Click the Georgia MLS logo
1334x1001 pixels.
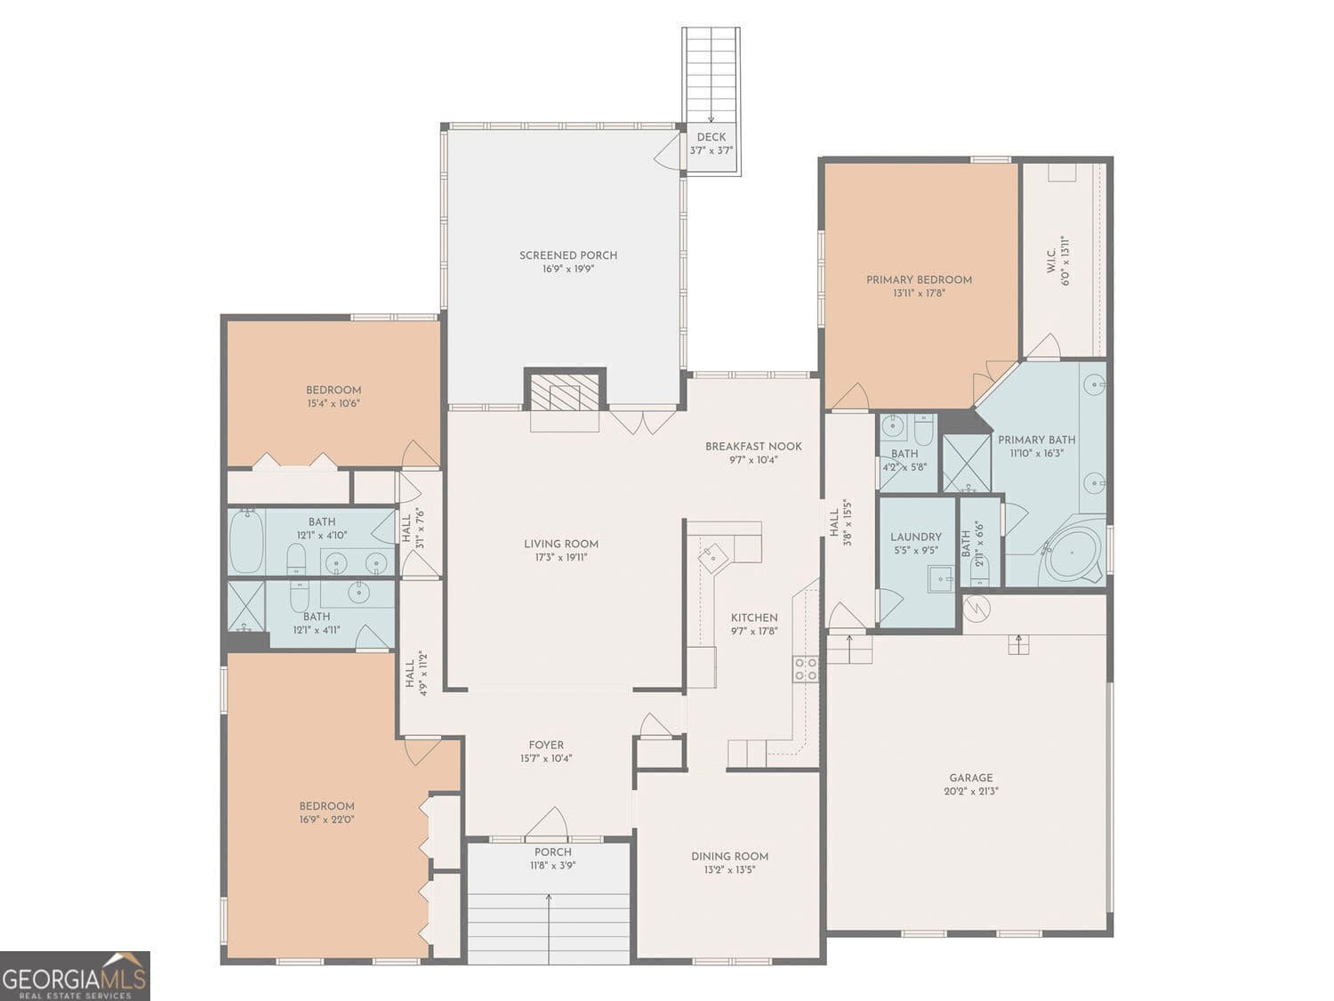tap(75, 976)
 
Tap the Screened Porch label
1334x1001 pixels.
tap(568, 255)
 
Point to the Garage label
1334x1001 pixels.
tap(970, 777)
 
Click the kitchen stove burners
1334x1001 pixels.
tap(806, 669)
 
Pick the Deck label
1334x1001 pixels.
tap(711, 137)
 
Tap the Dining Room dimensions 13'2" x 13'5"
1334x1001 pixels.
tap(729, 870)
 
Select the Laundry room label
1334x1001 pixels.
tap(915, 537)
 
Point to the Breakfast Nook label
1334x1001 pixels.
tap(753, 447)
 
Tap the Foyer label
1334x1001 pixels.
tap(546, 745)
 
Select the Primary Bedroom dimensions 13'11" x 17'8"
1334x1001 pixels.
tap(919, 293)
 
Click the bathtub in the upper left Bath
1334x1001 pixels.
tap(246, 540)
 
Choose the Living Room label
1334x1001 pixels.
tap(560, 544)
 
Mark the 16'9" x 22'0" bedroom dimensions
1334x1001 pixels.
tap(326, 819)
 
